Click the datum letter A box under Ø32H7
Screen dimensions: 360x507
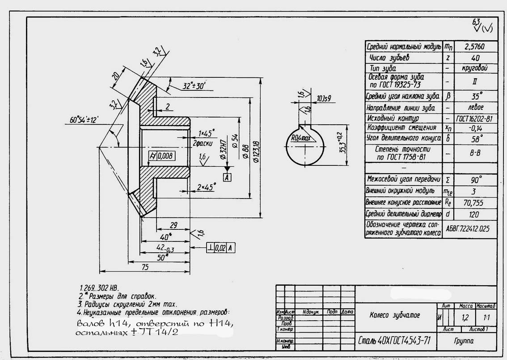coord(227,178)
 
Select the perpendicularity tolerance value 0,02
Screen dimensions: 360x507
coord(220,248)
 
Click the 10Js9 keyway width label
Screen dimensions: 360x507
coord(324,98)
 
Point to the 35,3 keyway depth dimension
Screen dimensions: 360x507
coord(342,143)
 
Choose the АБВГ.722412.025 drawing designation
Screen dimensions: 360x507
coord(468,229)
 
